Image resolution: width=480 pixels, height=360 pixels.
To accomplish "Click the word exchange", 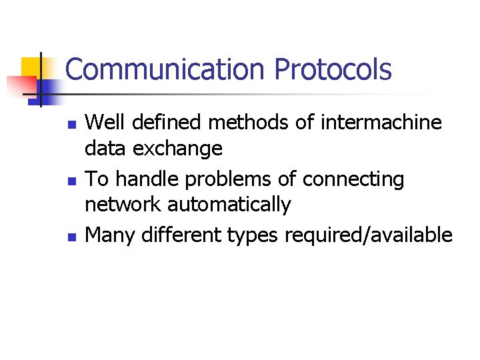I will (x=178, y=148).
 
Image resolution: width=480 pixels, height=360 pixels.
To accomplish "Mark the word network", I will (x=123, y=205).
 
